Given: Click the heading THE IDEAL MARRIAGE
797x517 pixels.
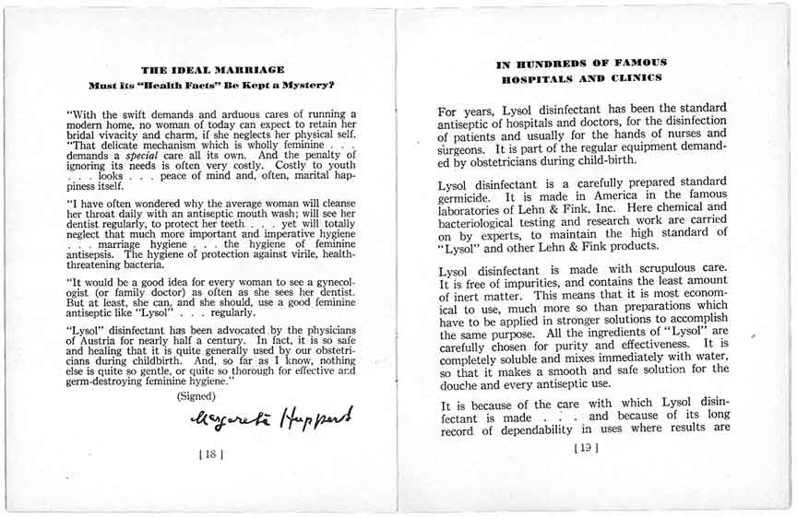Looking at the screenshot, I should (x=212, y=69).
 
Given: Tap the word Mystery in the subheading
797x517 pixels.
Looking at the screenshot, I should (x=303, y=85).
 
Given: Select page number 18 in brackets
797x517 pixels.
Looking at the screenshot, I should (x=211, y=453).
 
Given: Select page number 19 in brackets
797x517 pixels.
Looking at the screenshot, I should (x=585, y=449).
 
